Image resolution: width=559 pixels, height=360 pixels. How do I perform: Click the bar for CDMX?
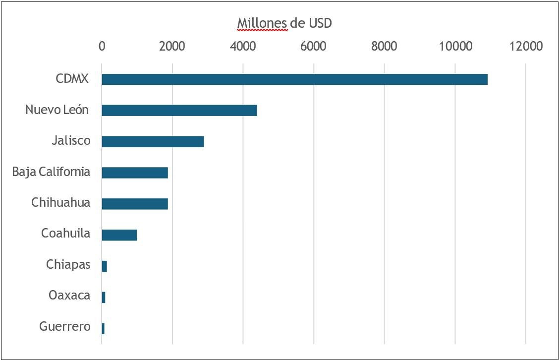coord(294,79)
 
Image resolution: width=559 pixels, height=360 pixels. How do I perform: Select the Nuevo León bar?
coord(179,110)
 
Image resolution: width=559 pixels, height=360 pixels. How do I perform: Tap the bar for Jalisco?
coord(153,141)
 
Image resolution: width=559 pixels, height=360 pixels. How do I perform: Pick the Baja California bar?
coord(135,173)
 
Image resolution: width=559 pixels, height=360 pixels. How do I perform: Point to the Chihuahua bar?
coord(135,204)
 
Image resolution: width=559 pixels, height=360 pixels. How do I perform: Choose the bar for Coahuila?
coord(119,235)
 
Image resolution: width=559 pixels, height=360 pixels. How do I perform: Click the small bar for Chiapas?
coord(105,266)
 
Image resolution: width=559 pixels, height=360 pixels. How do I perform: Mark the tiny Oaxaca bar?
coord(104,297)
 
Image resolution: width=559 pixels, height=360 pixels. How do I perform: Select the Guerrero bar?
coord(103,329)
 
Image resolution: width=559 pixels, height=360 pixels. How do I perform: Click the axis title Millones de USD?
coord(284,23)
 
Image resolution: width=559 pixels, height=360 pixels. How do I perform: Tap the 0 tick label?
coord(102,47)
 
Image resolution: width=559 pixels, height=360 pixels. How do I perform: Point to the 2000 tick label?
coord(172,47)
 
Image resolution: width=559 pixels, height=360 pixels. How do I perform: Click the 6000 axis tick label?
coord(313,47)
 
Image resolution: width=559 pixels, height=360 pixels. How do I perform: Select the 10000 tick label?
coord(455,47)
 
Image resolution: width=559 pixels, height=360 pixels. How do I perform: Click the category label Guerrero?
coord(65,326)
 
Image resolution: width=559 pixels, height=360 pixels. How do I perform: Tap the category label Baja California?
coord(52,172)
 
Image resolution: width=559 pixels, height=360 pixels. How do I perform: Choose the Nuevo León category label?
coord(57,110)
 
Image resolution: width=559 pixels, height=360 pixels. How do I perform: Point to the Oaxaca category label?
coord(69,296)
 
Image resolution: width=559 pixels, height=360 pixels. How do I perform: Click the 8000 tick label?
coord(384,47)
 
